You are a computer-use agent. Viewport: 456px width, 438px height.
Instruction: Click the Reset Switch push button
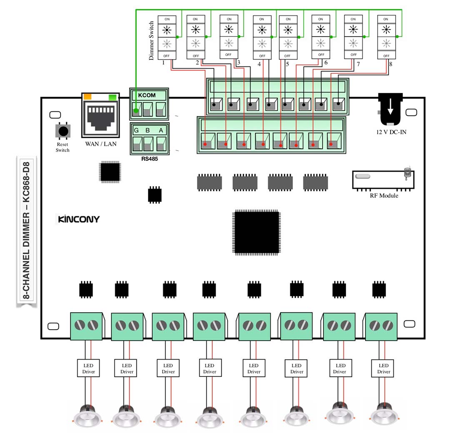coord(63,131)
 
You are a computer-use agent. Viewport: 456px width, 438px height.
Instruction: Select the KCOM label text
coord(146,95)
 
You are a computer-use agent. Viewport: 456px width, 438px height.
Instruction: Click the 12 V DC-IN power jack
coord(390,109)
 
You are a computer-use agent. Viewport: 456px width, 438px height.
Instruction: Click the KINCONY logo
coord(78,219)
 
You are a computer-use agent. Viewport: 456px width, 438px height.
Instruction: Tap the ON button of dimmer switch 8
coord(386,19)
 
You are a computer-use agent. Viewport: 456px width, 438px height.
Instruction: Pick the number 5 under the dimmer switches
coord(287,64)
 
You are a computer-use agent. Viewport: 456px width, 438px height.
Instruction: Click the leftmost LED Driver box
coord(88,368)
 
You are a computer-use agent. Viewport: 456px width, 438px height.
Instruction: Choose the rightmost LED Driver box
coord(383,368)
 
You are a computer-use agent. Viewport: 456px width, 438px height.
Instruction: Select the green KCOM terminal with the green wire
coord(136,110)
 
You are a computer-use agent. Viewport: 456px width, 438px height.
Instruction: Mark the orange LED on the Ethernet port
coord(88,97)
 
